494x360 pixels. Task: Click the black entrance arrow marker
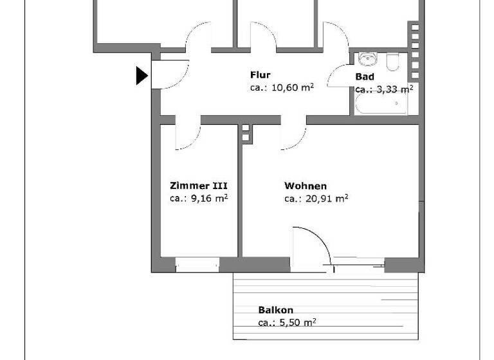[142, 76]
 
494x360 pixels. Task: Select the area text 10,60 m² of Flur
[282, 87]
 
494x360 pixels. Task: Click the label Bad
[365, 77]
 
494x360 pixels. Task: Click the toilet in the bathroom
[394, 62]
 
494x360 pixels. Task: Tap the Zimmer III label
[198, 186]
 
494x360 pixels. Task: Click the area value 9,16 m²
[199, 199]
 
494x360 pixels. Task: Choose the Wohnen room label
[306, 186]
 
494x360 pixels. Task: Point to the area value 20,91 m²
[316, 199]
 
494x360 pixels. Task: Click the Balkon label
[275, 310]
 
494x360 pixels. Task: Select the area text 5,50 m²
[287, 323]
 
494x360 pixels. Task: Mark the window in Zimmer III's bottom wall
[197, 264]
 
